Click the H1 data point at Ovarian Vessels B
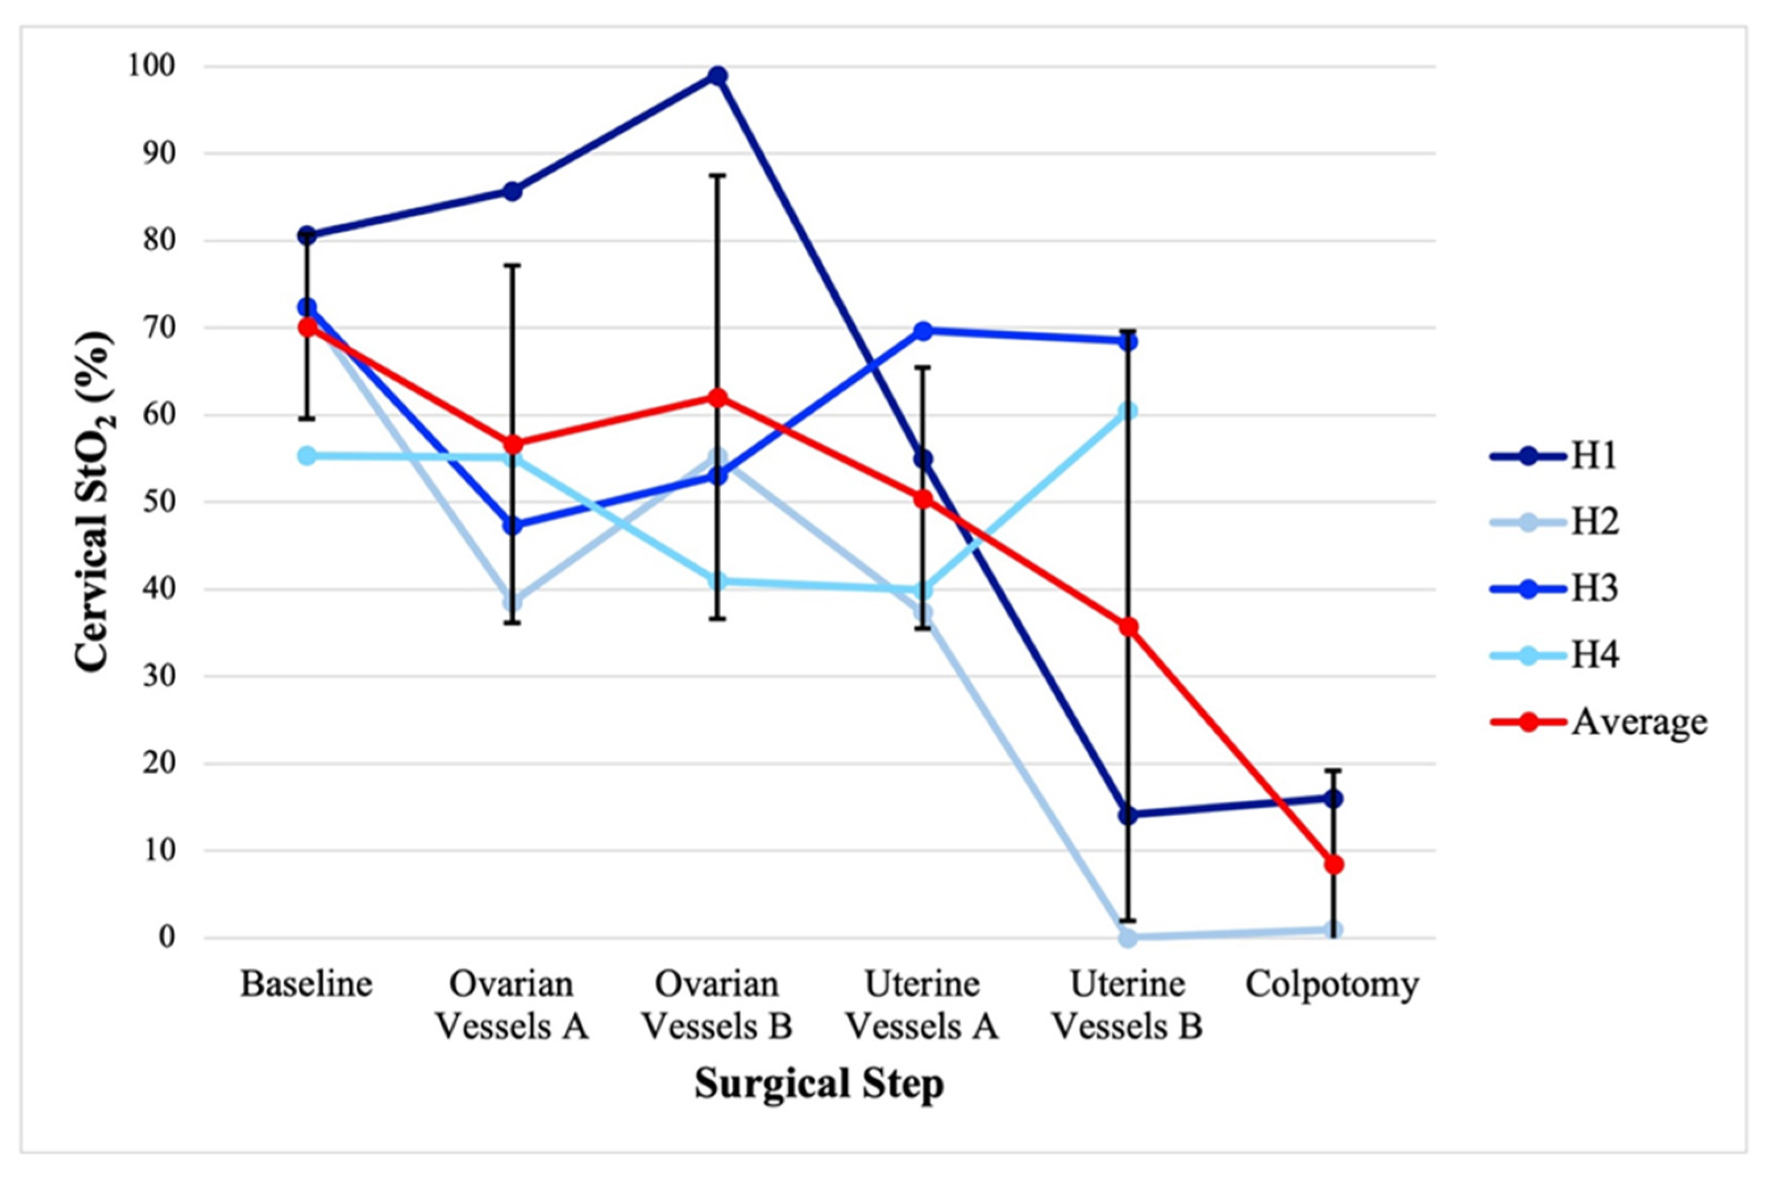click(x=717, y=76)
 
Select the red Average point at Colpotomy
click(x=1333, y=865)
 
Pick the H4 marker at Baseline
click(x=306, y=456)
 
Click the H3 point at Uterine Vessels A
click(x=923, y=330)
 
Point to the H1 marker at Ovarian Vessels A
click(x=512, y=192)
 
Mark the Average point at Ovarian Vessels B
click(x=717, y=397)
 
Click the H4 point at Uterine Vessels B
click(x=1128, y=411)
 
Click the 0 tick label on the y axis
click(x=166, y=938)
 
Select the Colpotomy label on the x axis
click(x=1332, y=984)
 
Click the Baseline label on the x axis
click(x=306, y=984)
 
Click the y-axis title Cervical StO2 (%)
click(x=95, y=502)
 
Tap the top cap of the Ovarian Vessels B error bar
click(x=717, y=175)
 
